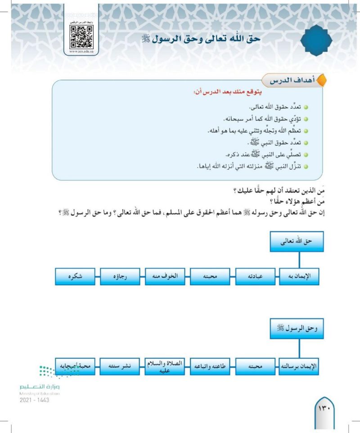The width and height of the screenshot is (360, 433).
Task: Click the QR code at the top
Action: [x=81, y=35]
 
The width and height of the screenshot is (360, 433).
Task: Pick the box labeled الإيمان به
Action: [x=299, y=276]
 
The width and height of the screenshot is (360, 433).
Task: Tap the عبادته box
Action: [x=254, y=276]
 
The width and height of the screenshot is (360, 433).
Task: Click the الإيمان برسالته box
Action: [x=299, y=366]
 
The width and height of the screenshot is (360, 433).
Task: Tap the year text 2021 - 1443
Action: [x=34, y=400]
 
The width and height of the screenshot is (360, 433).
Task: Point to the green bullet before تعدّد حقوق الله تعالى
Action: [x=306, y=108]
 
